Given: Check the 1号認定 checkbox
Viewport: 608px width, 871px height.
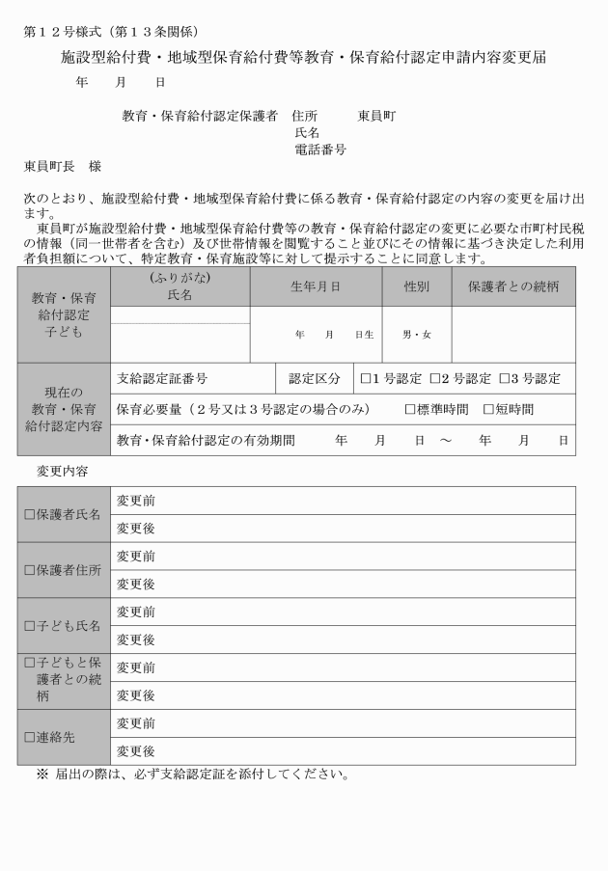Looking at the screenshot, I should point(366,378).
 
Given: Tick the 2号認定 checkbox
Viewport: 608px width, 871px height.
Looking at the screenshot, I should point(435,378).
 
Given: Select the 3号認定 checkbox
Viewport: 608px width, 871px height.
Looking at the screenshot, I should point(504,378).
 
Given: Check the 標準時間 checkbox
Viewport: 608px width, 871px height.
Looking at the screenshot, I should point(410,409).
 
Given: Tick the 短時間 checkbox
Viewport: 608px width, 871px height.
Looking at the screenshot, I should point(488,409).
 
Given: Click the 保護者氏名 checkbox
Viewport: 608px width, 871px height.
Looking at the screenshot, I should point(29,515).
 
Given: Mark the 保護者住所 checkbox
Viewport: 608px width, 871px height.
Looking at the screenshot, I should point(29,570).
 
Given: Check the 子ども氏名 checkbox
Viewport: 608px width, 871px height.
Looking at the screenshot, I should point(29,626).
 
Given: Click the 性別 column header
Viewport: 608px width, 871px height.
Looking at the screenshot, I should point(417,287).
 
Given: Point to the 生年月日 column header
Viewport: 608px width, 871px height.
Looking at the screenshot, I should point(317,287).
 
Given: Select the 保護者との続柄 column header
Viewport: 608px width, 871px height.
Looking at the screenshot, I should point(512,287).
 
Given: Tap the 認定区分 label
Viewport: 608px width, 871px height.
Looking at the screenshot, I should point(315,378).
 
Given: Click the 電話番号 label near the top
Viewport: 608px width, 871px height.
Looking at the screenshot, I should point(319,150).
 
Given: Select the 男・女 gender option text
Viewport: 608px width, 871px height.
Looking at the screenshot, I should point(417,335).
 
